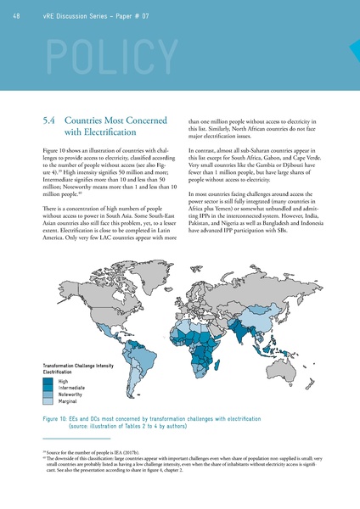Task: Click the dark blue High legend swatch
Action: (x=49, y=382)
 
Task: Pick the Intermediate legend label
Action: (x=74, y=388)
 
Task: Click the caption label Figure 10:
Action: (x=59, y=419)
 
